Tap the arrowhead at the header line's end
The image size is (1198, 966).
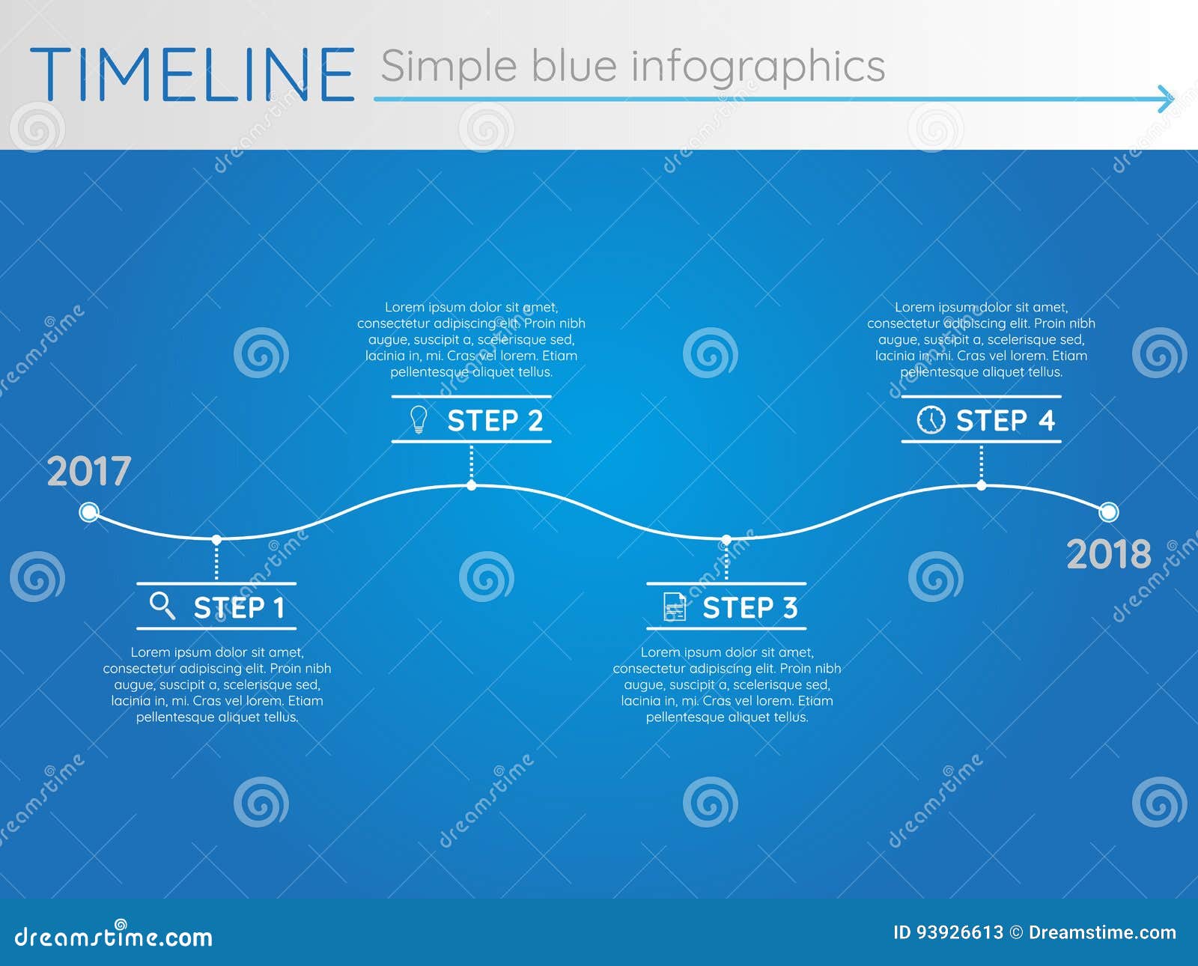point(1165,99)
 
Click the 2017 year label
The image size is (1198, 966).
point(89,472)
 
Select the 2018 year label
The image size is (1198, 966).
point(1109,555)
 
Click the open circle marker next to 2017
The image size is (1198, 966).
point(89,512)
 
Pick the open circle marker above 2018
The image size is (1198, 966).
point(1108,512)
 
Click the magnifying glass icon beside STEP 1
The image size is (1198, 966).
point(162,606)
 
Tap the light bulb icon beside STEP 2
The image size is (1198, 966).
point(419,419)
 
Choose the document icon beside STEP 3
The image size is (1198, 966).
point(675,607)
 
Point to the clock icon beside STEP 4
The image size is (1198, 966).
point(931,419)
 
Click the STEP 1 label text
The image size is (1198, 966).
point(239,608)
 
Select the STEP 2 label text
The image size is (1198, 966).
point(495,421)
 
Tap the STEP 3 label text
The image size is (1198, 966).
point(749,608)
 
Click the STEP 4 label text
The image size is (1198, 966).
point(1005,421)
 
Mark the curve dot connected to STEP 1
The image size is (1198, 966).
point(216,539)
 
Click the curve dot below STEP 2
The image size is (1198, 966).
point(471,485)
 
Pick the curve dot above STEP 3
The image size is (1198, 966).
point(726,539)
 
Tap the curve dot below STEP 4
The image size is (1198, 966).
point(981,485)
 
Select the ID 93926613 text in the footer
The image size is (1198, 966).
point(948,932)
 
